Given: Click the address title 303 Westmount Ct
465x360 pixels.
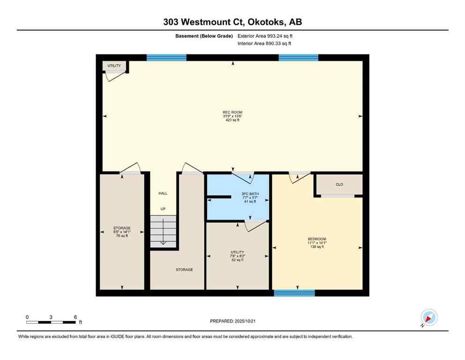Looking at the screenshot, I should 232,22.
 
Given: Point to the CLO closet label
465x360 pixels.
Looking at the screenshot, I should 340,184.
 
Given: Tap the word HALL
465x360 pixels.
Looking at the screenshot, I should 162,193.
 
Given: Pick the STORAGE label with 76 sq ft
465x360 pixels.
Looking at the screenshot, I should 122,232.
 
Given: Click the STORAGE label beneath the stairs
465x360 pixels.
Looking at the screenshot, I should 184,270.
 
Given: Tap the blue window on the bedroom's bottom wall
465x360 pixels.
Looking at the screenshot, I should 294,293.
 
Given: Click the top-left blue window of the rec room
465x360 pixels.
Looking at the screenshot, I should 166,58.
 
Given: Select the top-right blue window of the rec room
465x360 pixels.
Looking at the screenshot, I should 298,58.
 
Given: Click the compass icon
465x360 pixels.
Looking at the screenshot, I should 428,318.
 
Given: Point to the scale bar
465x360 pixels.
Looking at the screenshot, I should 51,322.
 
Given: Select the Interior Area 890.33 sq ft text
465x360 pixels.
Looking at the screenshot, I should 264,44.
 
